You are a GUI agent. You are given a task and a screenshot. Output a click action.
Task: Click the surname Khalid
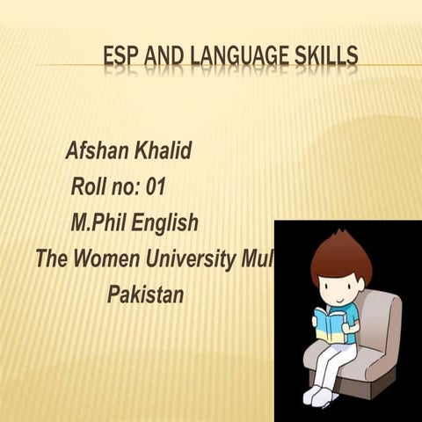click(x=163, y=151)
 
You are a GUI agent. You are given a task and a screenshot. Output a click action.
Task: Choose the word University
click(x=190, y=259)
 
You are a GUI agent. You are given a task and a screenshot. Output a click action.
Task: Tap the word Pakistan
click(x=145, y=294)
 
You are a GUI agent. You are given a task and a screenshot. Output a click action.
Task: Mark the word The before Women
click(x=52, y=259)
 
